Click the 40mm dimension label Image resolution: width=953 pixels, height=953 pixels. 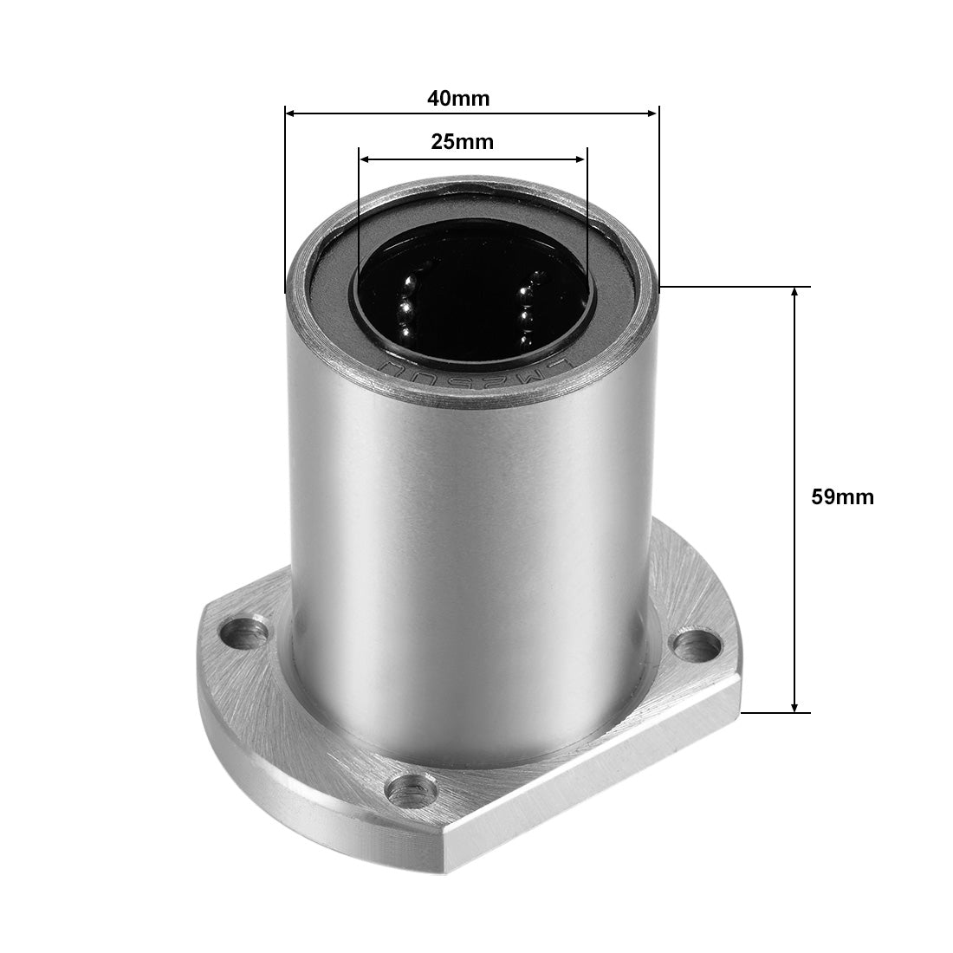457,99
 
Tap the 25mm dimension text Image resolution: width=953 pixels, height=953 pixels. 462,142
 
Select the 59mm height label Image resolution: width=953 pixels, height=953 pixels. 841,497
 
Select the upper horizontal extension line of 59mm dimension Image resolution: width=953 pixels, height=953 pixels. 736,287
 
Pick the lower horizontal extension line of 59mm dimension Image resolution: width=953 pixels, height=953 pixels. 775,713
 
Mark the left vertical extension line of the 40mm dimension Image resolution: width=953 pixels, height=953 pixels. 285,199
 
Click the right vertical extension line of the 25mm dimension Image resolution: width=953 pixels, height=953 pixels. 587,217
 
